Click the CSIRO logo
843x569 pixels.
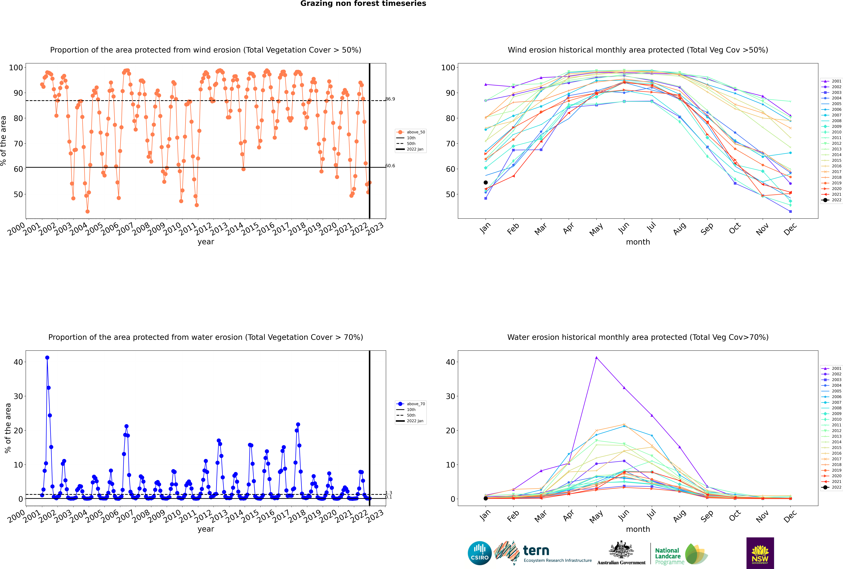[x=479, y=553]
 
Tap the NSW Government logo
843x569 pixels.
[x=760, y=553]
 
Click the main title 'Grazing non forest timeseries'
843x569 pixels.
[x=363, y=4]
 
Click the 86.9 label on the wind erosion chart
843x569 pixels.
[x=390, y=99]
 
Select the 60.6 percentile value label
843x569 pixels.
[x=390, y=166]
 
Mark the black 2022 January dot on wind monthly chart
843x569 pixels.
[x=486, y=183]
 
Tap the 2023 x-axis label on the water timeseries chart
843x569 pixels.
[x=375, y=516]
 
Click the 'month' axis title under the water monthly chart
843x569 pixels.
[x=638, y=529]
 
